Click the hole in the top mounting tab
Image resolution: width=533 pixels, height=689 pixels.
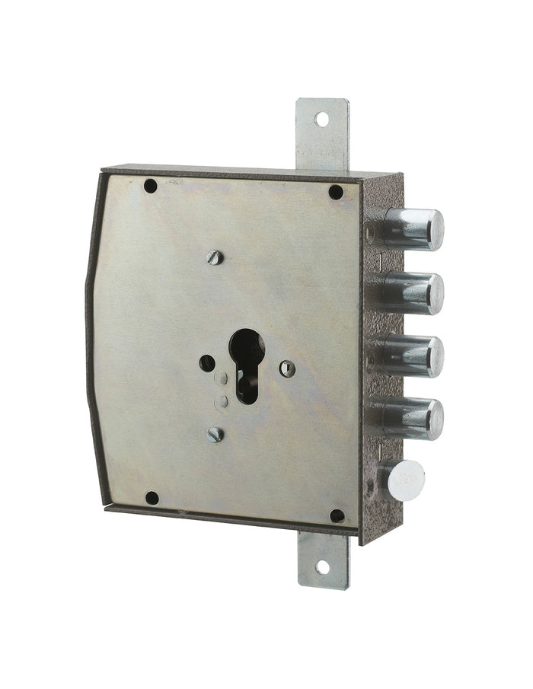[x=321, y=120]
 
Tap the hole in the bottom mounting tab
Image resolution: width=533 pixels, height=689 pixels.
[x=322, y=566]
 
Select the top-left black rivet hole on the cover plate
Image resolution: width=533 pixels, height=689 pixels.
[x=151, y=185]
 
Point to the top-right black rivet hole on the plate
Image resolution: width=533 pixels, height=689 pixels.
[x=336, y=192]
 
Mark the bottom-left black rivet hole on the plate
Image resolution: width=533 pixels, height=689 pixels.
[x=152, y=498]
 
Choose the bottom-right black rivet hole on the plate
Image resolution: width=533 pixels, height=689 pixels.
[x=337, y=515]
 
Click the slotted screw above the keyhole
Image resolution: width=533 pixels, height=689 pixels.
[x=215, y=257]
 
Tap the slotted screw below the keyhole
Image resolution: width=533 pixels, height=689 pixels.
[x=215, y=434]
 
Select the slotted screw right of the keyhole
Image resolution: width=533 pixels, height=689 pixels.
[x=287, y=368]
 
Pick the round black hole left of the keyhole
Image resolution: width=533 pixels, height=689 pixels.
[x=207, y=363]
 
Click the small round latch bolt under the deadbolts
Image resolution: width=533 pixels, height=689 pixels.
[x=405, y=480]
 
